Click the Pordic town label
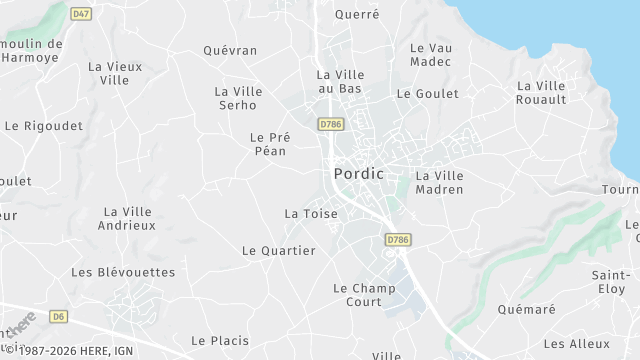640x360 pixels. pyautogui.click(x=358, y=174)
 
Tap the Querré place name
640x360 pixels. pyautogui.click(x=357, y=14)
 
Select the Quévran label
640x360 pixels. pyautogui.click(x=230, y=50)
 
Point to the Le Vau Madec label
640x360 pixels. pyautogui.click(x=431, y=54)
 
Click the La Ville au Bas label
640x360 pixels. pyautogui.click(x=340, y=81)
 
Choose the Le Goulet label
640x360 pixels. pyautogui.click(x=428, y=93)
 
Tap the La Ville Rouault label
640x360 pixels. pyautogui.click(x=541, y=92)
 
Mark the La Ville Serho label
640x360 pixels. pyautogui.click(x=238, y=98)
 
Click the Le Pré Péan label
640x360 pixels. pyautogui.click(x=268, y=144)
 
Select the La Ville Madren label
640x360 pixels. pyautogui.click(x=440, y=182)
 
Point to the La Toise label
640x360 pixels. pyautogui.click(x=311, y=213)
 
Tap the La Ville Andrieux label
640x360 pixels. pyautogui.click(x=127, y=218)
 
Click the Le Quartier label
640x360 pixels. pyautogui.click(x=279, y=250)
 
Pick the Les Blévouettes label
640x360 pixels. pyautogui.click(x=123, y=272)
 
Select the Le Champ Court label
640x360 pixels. pyautogui.click(x=364, y=294)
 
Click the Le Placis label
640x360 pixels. pyautogui.click(x=220, y=340)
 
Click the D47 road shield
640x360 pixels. pyautogui.click(x=82, y=13)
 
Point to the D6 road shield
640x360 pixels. pyautogui.click(x=59, y=317)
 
